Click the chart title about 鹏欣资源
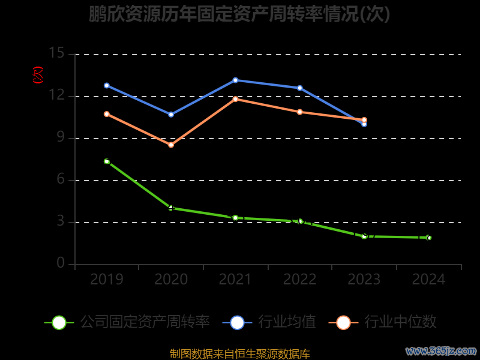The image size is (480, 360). click(239, 14)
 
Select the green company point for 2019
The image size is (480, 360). click(107, 161)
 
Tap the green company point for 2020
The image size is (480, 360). click(171, 208)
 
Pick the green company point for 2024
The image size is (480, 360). click(428, 238)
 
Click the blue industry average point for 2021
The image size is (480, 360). click(235, 80)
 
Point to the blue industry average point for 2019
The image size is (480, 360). click(107, 85)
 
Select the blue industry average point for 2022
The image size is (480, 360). click(300, 88)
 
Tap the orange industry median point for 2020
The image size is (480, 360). click(171, 145)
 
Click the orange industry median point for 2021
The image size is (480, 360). click(235, 99)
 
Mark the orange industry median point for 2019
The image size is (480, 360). click(107, 114)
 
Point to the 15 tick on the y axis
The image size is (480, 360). click(56, 54)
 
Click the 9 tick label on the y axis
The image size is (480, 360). click(60, 138)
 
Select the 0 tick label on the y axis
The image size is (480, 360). click(60, 264)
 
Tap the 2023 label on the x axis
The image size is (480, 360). click(364, 279)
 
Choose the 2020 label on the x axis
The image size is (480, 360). click(171, 279)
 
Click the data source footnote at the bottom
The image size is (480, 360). click(239, 353)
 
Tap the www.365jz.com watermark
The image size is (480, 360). click(441, 350)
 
